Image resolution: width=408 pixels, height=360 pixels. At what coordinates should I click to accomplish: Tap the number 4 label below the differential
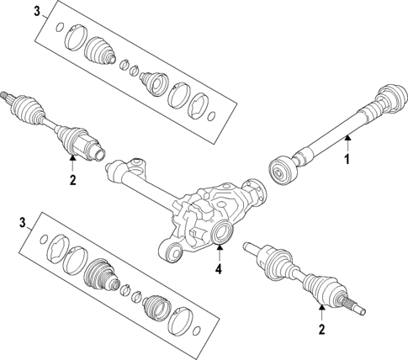pyautogui.click(x=218, y=270)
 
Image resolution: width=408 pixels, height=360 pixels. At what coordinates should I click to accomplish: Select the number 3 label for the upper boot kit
pyautogui.click(x=36, y=11)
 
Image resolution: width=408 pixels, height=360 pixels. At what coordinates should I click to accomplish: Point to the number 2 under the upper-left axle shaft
pyautogui.click(x=72, y=179)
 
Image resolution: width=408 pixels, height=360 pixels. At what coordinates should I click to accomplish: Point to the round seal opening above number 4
pyautogui.click(x=222, y=233)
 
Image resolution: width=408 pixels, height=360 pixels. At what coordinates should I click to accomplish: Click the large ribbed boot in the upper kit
pyautogui.click(x=102, y=51)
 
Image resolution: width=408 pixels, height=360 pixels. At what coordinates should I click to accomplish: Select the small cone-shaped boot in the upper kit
pyautogui.click(x=153, y=81)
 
